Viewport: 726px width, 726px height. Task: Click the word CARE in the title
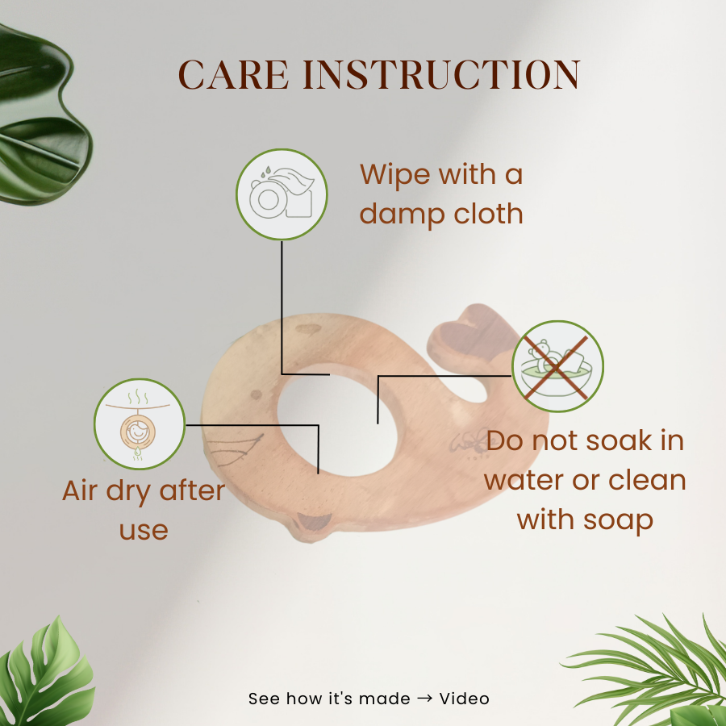234,74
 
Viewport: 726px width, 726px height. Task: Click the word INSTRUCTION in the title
441,74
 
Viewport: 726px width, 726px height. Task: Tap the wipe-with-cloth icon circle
282,194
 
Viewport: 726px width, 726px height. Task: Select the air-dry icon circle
140,424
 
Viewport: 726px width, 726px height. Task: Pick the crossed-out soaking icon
557,366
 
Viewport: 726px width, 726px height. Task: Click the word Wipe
395,174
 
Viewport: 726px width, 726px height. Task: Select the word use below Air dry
144,531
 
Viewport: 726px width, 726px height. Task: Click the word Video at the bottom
464,699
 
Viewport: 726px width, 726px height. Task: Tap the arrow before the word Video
424,699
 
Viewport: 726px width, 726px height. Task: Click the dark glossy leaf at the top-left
40,115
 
